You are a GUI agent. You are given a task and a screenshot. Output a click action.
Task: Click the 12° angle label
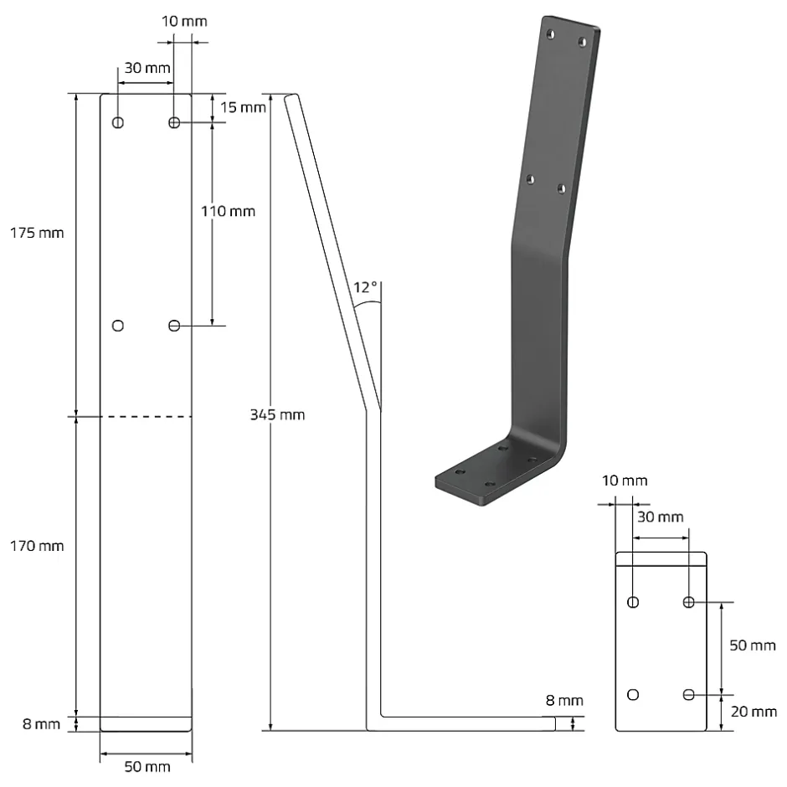pyautogui.click(x=366, y=288)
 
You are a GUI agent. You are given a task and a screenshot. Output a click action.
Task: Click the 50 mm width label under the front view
pyautogui.click(x=148, y=766)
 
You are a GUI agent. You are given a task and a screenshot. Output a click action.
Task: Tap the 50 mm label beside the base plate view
pyautogui.click(x=752, y=646)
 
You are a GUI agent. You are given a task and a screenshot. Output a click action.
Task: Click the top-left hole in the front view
pyautogui.click(x=118, y=123)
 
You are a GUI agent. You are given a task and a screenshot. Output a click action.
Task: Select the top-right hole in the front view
pyautogui.click(x=174, y=123)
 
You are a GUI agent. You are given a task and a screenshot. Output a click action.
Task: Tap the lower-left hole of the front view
pyautogui.click(x=118, y=325)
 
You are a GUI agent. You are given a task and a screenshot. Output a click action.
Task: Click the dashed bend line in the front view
pyautogui.click(x=147, y=416)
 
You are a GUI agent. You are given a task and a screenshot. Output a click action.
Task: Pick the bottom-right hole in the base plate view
pyautogui.click(x=689, y=694)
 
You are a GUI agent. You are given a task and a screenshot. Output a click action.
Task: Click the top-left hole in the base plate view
pyautogui.click(x=633, y=602)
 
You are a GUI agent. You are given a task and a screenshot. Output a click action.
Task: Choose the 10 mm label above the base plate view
pyautogui.click(x=623, y=481)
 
